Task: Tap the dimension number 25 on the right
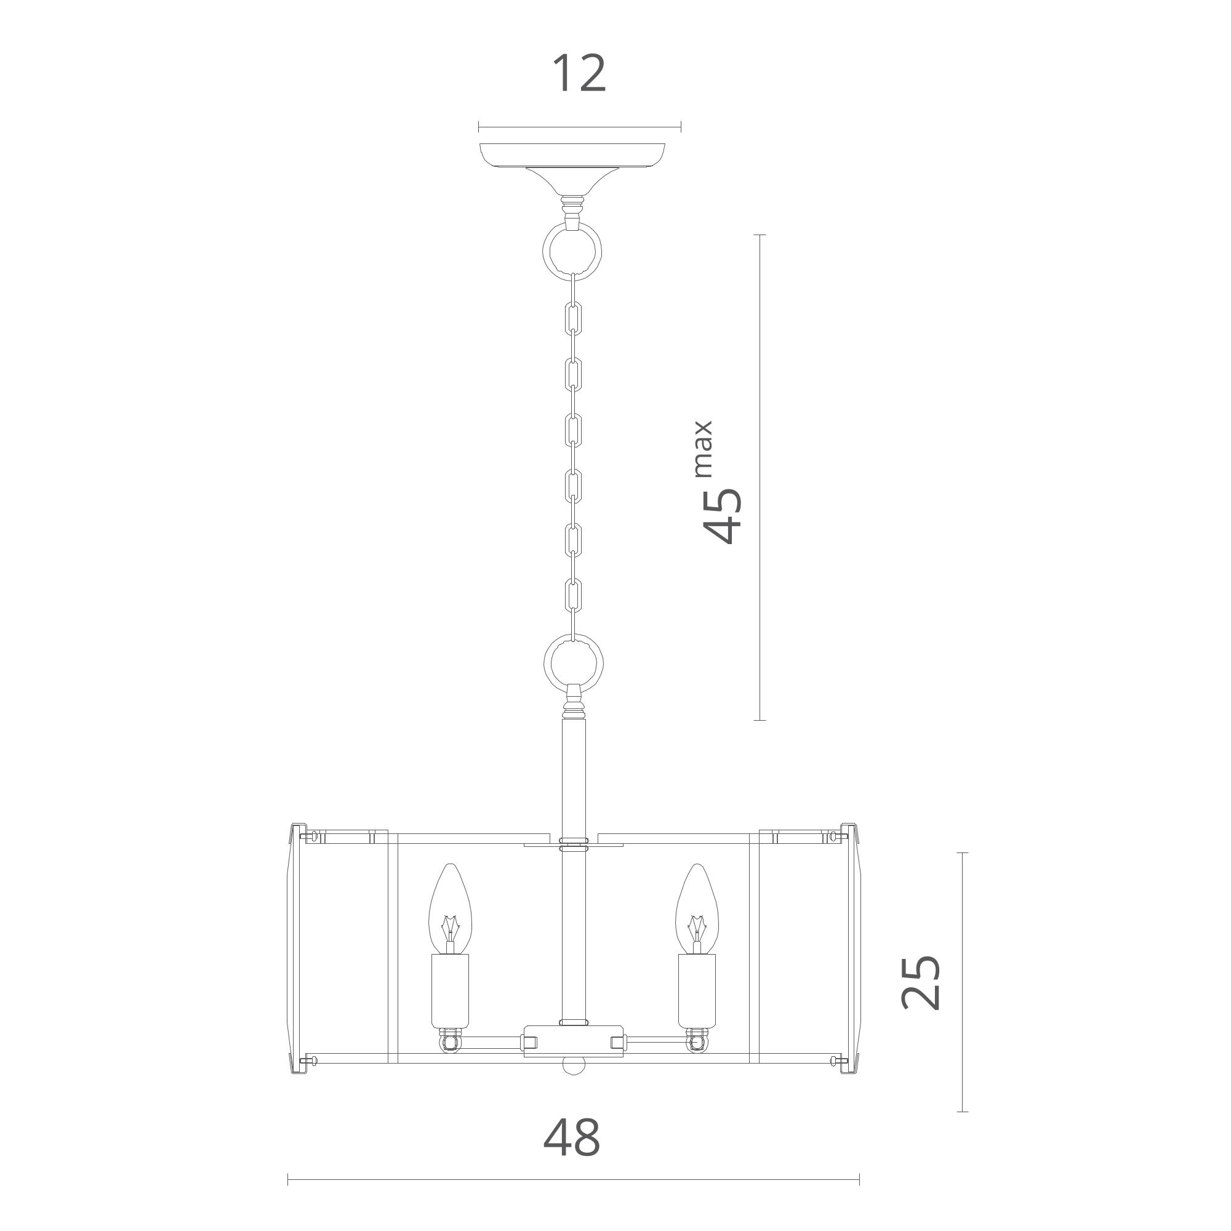click(x=921, y=992)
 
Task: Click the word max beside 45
click(x=702, y=449)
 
